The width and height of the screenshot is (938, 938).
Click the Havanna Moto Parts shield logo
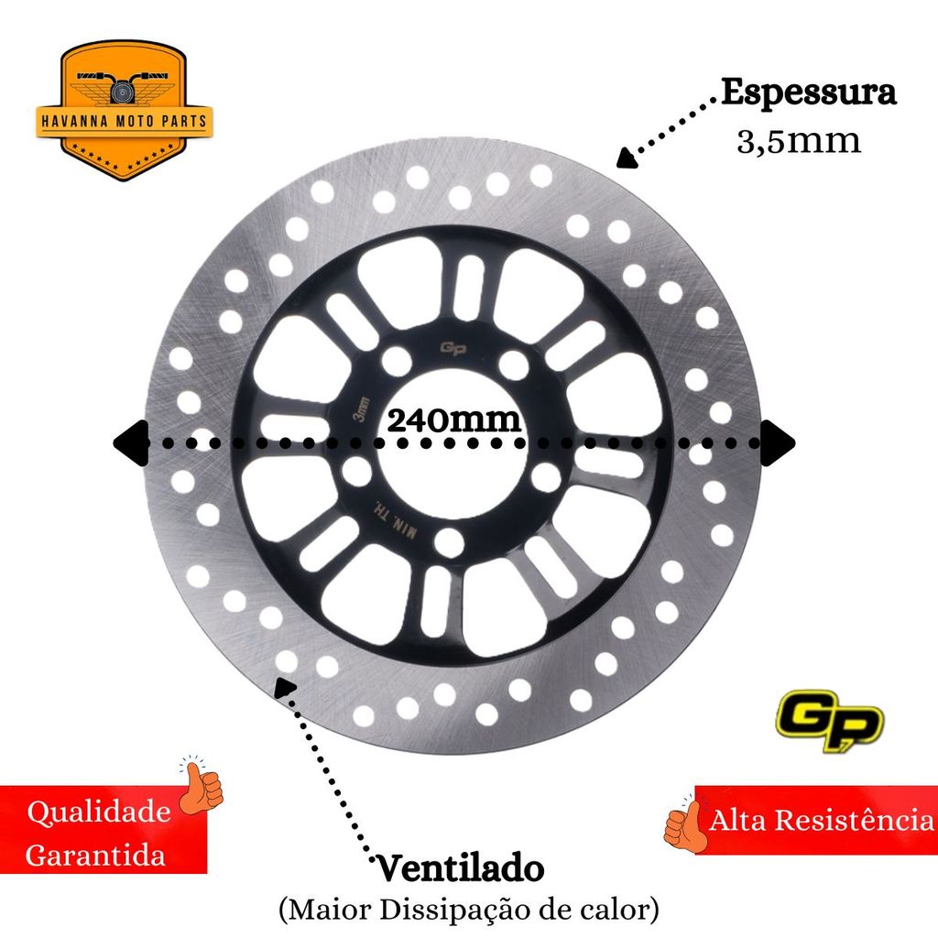coord(125,110)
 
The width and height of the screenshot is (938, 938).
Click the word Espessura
coord(808,93)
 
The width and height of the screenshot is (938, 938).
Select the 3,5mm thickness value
coord(799,141)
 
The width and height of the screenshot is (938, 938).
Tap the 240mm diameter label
coord(454,420)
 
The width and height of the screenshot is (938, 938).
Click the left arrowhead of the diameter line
coord(128,442)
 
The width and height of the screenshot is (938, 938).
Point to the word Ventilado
coord(460,867)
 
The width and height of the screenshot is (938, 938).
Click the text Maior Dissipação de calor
coord(468,911)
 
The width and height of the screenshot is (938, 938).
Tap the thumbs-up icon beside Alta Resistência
coord(684,823)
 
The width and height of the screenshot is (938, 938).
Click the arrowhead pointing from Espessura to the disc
coord(627,159)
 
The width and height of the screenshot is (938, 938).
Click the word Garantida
coord(95,856)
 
